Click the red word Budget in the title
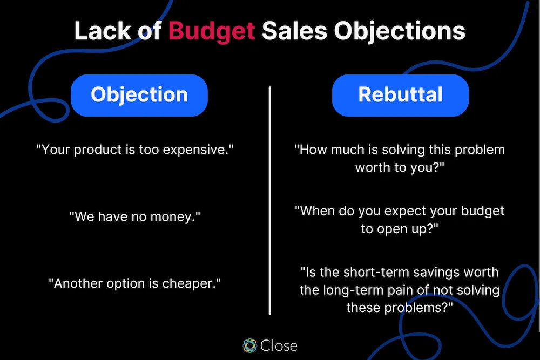coord(212,31)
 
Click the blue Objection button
coord(139,95)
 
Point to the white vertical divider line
coord(269,200)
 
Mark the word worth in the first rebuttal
coord(373,167)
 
